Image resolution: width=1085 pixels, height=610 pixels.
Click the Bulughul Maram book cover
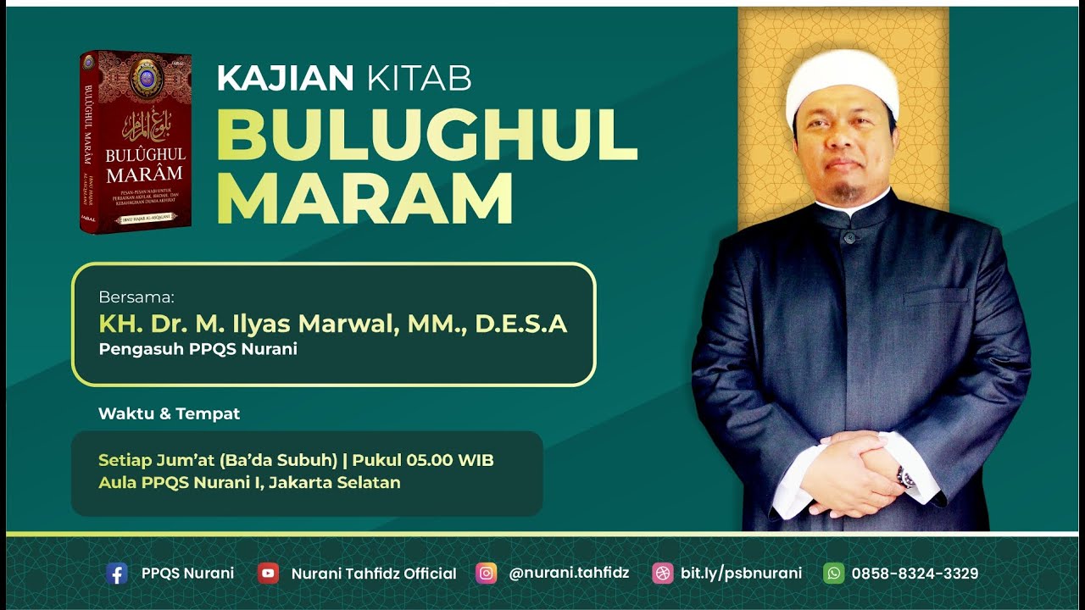coord(136,142)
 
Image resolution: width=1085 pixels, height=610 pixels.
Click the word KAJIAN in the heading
coord(285,79)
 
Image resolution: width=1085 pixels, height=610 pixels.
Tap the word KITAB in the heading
coord(420,79)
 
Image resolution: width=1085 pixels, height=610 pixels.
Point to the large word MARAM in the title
coord(364,199)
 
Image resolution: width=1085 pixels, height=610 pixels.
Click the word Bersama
coord(136,297)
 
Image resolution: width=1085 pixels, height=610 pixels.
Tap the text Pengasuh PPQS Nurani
coord(198,349)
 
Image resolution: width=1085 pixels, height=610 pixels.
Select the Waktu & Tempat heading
coord(169,414)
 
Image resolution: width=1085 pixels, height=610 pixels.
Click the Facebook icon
coord(117,574)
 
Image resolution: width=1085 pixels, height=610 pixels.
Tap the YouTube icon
coord(268,574)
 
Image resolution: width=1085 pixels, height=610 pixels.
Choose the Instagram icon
coord(486,574)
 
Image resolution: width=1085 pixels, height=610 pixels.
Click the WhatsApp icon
coord(833,574)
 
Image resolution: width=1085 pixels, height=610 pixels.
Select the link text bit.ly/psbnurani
coord(741,574)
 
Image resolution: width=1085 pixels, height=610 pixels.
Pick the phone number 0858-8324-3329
coord(915,574)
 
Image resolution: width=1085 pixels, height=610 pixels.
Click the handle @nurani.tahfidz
coord(569,574)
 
